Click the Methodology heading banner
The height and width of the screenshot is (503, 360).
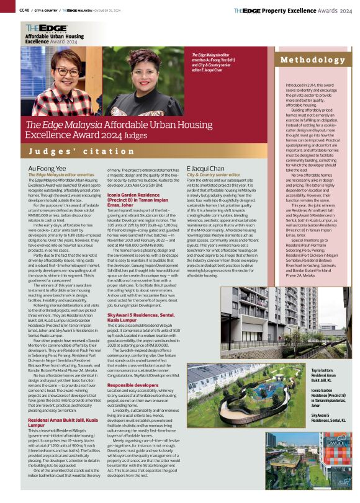pyautogui.click(x=313, y=60)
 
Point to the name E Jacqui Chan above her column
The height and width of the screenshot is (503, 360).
pyautogui.click(x=205, y=168)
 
